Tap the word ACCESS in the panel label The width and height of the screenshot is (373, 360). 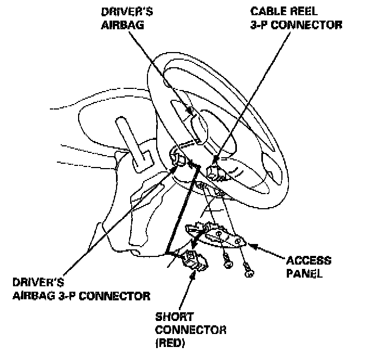pyautogui.click(x=309, y=261)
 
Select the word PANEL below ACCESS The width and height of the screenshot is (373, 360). pyautogui.click(x=305, y=273)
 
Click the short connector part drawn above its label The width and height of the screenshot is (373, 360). pyautogui.click(x=194, y=260)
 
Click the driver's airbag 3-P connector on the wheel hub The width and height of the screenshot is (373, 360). pyautogui.click(x=176, y=159)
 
